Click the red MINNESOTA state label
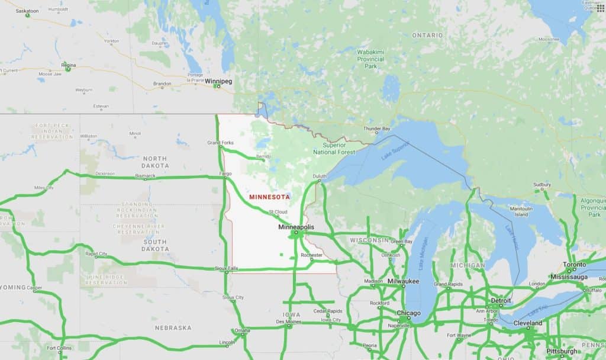click(x=269, y=197)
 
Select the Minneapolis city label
click(x=296, y=227)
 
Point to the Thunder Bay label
click(x=376, y=128)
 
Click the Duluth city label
click(x=320, y=176)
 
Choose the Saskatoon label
click(x=27, y=11)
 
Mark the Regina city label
click(x=69, y=65)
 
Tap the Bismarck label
click(x=146, y=176)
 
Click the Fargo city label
click(x=225, y=174)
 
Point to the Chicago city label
click(x=408, y=313)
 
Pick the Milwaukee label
click(x=403, y=281)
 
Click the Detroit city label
click(x=501, y=301)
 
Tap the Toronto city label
click(x=574, y=264)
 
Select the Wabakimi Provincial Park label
click(x=370, y=59)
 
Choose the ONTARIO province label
click(x=427, y=36)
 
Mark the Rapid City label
click(x=96, y=254)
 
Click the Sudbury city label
click(x=541, y=185)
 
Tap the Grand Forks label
click(x=220, y=143)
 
